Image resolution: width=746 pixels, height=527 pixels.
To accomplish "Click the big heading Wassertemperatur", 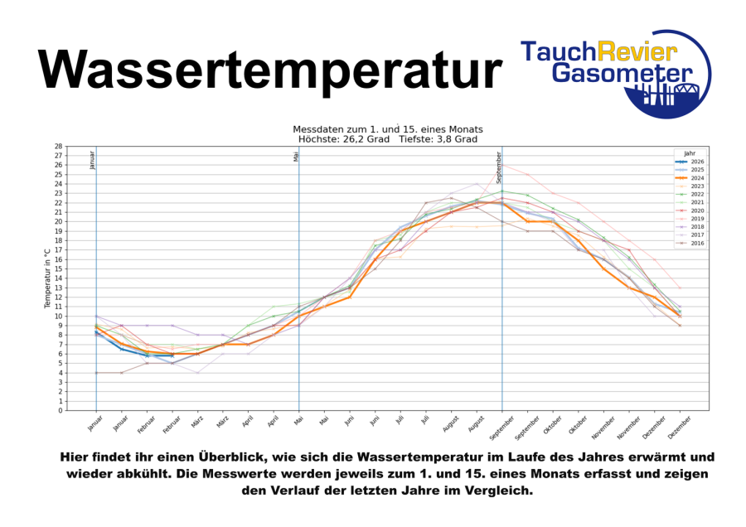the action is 269,70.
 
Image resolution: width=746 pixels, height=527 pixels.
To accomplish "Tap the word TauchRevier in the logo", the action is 598,51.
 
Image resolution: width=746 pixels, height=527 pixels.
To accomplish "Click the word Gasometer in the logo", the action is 622,74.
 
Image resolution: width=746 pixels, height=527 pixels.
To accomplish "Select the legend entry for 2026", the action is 690,162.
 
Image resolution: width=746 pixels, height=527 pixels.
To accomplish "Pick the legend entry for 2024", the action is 690,178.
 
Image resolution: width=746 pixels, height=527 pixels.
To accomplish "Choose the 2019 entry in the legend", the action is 690,219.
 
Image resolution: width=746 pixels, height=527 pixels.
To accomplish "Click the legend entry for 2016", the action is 690,243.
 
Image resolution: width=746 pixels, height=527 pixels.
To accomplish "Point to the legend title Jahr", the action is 690,153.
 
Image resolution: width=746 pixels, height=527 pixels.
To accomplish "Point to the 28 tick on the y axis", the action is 59,146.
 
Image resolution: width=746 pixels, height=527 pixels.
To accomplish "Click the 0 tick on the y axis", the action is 61,410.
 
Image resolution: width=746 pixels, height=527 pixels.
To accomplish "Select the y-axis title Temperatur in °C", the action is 47,278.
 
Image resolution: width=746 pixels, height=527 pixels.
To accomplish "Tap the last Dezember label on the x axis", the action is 679,427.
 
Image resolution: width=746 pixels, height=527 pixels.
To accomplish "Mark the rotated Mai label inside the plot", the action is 296,157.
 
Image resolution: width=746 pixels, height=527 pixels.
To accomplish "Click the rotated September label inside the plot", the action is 499,167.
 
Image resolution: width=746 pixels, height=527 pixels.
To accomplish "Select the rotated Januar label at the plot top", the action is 92,160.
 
